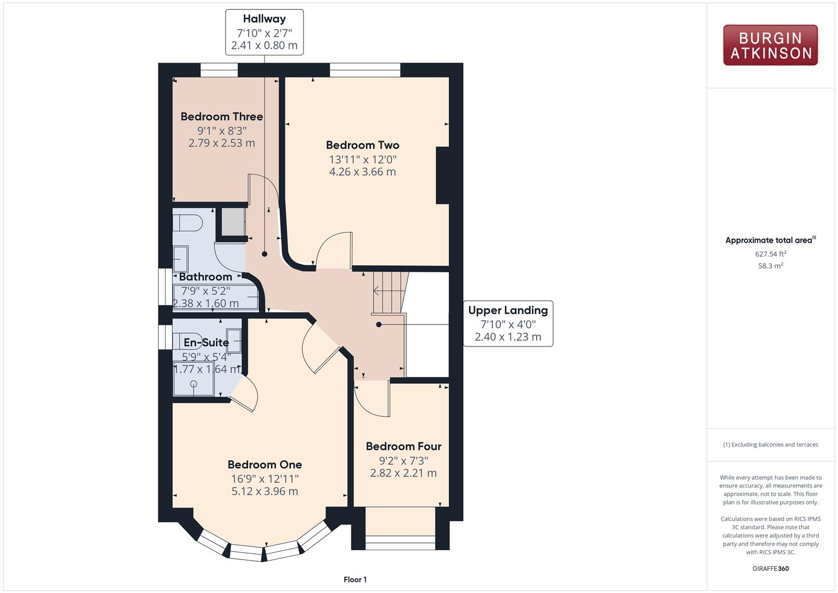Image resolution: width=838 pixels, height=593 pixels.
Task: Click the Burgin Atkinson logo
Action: (770, 46)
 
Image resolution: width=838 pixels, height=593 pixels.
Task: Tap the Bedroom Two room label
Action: (362, 146)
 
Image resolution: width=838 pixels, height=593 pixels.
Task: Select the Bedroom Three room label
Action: (222, 117)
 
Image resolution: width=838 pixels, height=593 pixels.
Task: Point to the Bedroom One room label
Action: (265, 465)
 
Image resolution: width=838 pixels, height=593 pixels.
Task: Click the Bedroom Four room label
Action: (403, 447)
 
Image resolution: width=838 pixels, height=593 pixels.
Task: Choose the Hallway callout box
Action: (264, 32)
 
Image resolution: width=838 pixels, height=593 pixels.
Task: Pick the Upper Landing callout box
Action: (508, 323)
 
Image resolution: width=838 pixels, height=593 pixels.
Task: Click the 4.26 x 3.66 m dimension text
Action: (362, 172)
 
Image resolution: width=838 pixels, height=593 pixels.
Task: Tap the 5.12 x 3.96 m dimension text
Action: (265, 491)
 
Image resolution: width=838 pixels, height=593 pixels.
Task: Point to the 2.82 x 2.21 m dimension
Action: (403, 473)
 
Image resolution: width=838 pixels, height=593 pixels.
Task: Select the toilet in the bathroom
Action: (187, 223)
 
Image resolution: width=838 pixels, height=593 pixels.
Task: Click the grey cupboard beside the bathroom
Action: (233, 222)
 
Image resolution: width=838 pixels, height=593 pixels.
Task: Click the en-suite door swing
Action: (245, 393)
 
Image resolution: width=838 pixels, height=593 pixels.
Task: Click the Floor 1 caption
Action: (355, 580)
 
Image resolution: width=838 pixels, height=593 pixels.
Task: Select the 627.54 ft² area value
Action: (770, 254)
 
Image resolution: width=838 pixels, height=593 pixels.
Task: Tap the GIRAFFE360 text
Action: (770, 569)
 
